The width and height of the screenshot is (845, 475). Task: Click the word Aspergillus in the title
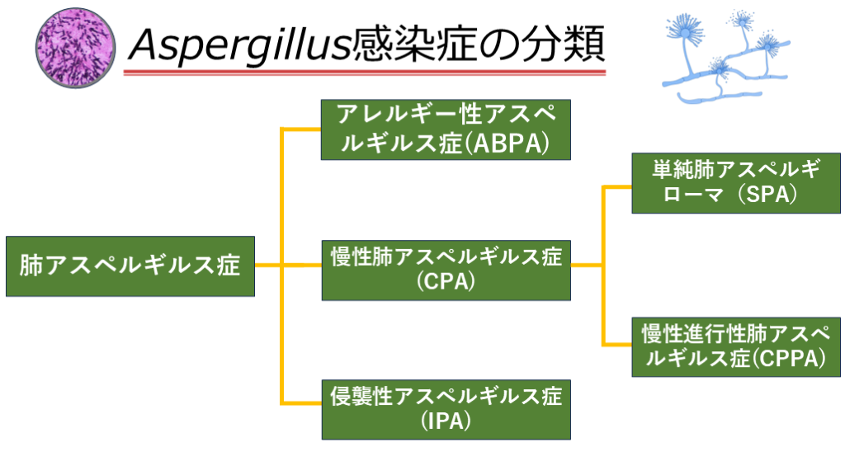[x=238, y=43]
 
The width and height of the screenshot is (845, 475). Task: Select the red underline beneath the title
[x=364, y=73]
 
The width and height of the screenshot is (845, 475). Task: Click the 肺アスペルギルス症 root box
[x=130, y=266]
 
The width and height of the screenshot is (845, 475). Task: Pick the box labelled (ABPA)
[x=446, y=129]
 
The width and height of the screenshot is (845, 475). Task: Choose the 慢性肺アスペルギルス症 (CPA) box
[x=446, y=267]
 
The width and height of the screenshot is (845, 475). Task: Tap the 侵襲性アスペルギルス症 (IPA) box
[x=446, y=409]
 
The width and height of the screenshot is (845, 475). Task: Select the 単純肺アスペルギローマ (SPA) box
[x=736, y=182]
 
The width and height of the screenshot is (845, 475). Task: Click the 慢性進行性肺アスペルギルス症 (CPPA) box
[x=736, y=346]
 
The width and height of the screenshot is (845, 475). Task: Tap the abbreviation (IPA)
[x=446, y=423]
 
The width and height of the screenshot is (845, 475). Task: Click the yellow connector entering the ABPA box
[x=301, y=129]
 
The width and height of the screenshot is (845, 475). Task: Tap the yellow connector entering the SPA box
[x=617, y=187]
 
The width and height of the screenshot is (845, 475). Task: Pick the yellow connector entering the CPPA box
[x=617, y=344]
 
